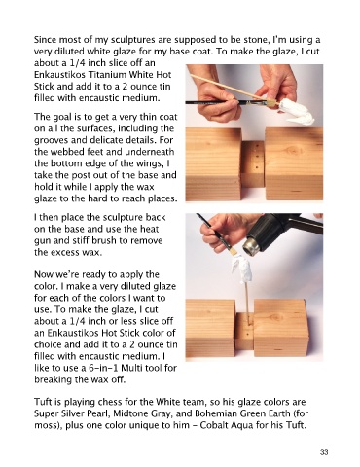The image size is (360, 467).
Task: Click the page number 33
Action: [x=324, y=452]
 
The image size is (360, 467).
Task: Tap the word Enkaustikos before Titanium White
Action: [x=60, y=75]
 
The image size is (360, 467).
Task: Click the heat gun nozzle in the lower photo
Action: [x=252, y=247]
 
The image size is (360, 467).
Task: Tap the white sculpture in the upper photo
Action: [x=296, y=112]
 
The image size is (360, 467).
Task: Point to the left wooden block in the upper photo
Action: [x=213, y=163]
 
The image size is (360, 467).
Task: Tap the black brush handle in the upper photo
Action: [x=227, y=102]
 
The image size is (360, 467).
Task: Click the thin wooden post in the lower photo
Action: [x=246, y=302]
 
